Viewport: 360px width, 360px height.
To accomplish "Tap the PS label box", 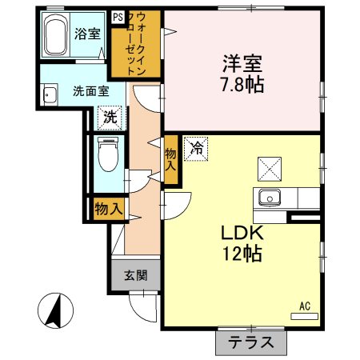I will tap(118, 16).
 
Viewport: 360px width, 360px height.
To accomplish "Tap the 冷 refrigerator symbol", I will tap(194, 148).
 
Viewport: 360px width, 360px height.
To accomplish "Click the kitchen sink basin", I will tap(267, 198).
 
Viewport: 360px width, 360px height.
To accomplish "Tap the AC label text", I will tap(304, 306).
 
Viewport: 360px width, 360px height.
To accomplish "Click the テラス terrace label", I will tap(250, 342).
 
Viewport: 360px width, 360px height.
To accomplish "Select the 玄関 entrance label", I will tap(134, 276).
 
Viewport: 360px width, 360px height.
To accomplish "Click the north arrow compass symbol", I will tap(55, 311).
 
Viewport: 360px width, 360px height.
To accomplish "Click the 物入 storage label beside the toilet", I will tap(108, 210).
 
